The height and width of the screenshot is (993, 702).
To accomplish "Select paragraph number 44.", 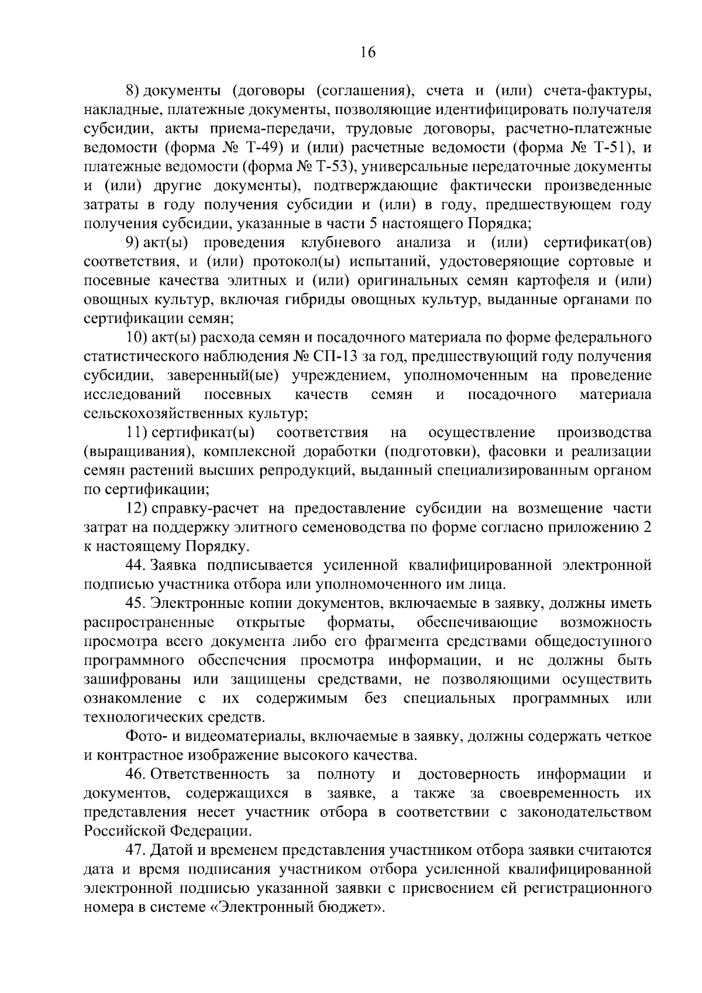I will pos(136,565).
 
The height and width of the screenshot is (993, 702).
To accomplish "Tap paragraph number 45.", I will pos(136,603).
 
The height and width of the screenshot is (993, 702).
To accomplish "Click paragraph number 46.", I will pos(136,774).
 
